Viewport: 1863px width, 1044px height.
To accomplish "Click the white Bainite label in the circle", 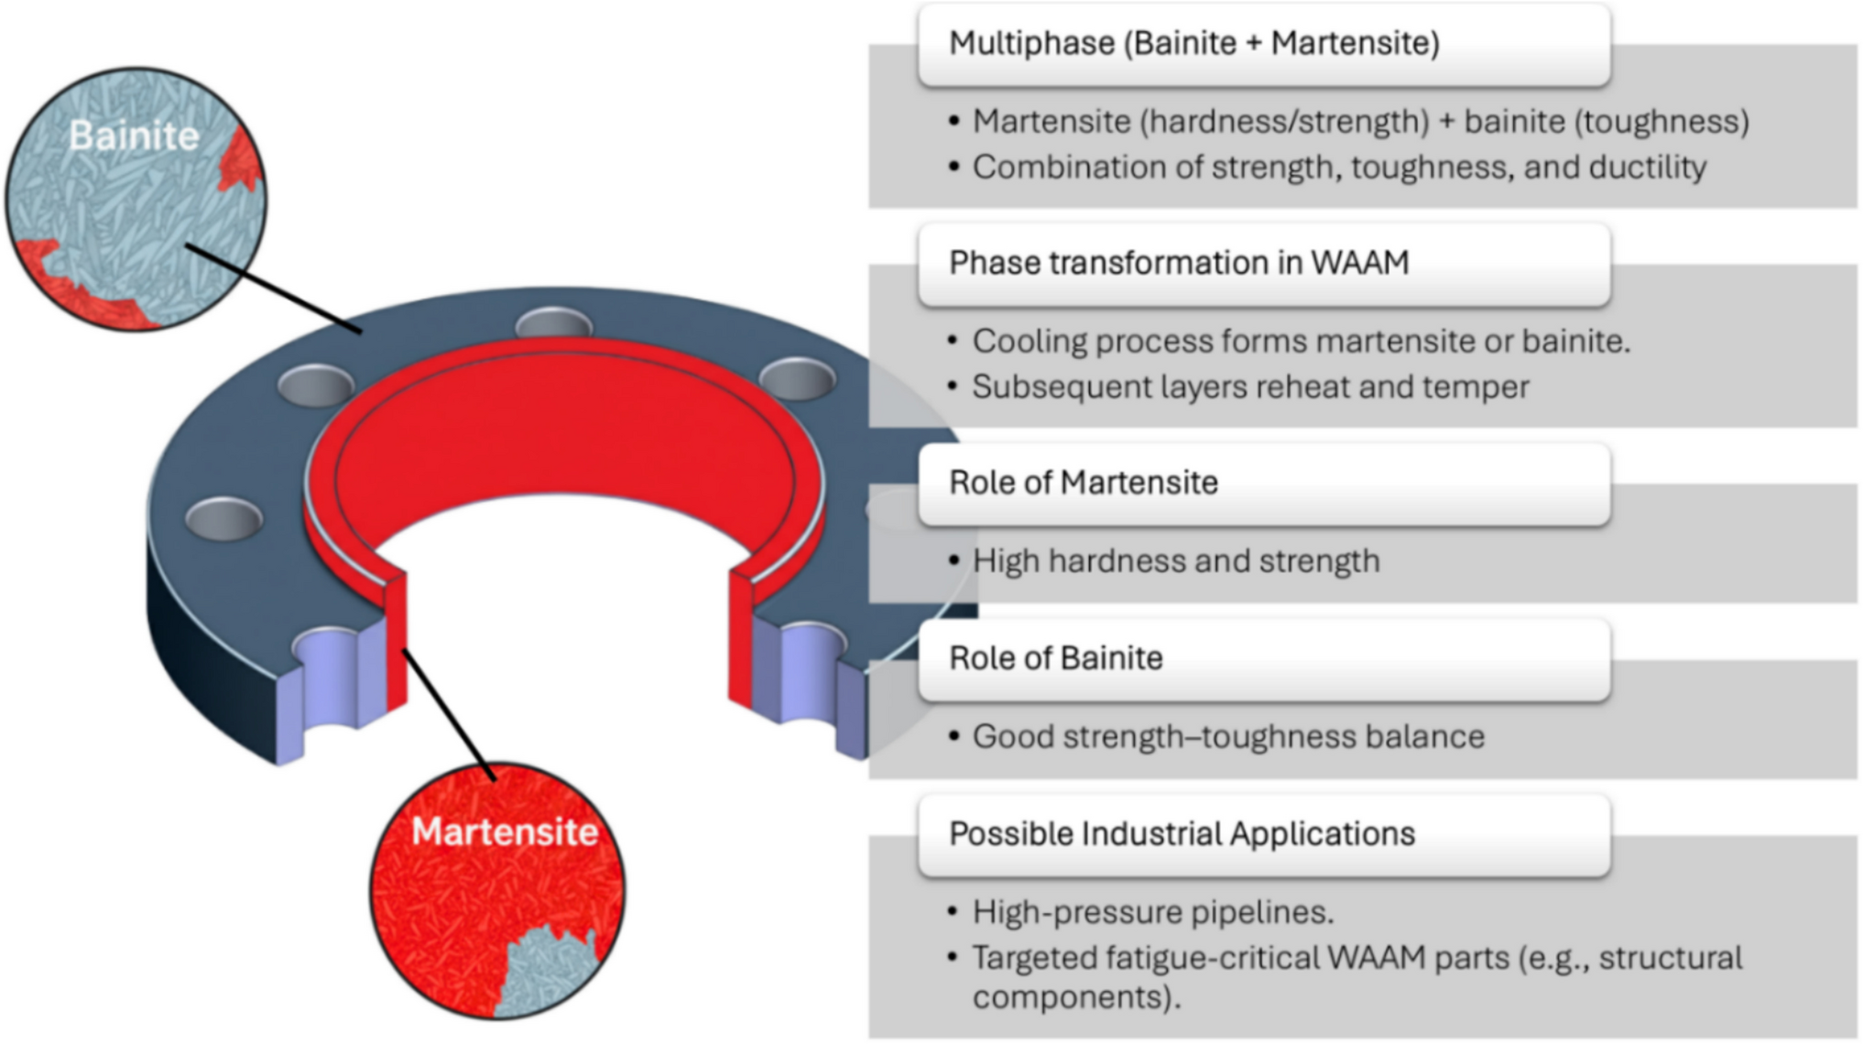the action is pyautogui.click(x=134, y=136).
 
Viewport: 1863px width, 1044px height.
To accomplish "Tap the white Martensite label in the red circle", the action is pyautogui.click(x=505, y=832).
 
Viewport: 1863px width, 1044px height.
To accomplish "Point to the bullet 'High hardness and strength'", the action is pyautogui.click(x=1176, y=560).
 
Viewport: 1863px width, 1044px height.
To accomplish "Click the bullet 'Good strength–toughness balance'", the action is pyautogui.click(x=1228, y=736).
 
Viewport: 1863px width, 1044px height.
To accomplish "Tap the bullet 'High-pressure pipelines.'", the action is pyautogui.click(x=1153, y=912).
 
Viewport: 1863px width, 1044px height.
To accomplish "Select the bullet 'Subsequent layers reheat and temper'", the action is pyautogui.click(x=1250, y=386).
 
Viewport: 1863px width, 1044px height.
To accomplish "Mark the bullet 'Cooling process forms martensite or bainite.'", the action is pyautogui.click(x=1302, y=341).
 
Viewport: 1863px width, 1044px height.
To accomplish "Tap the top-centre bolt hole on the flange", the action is pyautogui.click(x=554, y=323).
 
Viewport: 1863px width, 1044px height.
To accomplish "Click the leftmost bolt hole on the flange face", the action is pyautogui.click(x=223, y=519).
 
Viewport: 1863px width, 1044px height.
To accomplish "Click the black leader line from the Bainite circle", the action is pyautogui.click(x=274, y=288).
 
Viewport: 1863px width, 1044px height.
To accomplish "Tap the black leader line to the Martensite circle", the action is pyautogui.click(x=449, y=714).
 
